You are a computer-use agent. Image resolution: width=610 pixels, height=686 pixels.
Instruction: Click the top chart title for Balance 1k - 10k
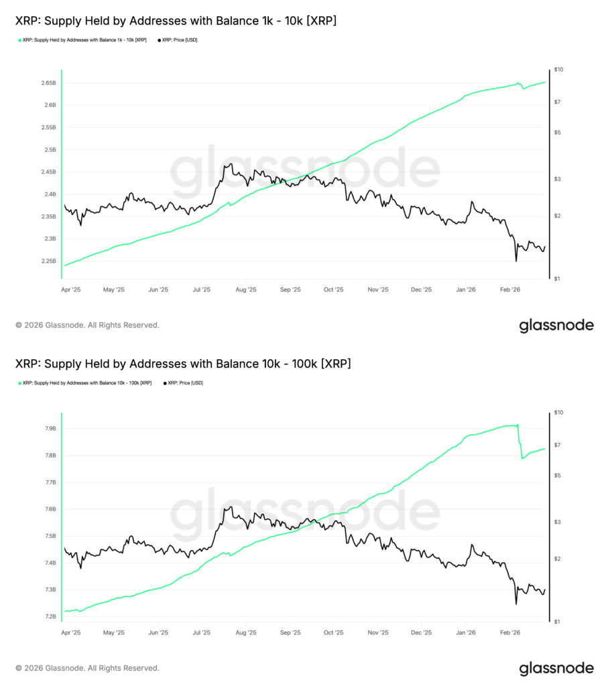coord(176,21)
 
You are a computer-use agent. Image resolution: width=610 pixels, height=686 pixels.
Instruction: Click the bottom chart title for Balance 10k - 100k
coord(182,364)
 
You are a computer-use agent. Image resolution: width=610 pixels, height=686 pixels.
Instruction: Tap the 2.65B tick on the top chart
coord(47,83)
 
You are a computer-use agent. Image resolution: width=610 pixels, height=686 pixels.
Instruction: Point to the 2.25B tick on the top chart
coord(47,261)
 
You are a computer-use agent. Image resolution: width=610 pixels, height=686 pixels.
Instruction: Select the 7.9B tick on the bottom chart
coord(50,429)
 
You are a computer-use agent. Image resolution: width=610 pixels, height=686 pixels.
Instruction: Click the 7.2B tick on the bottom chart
coord(50,616)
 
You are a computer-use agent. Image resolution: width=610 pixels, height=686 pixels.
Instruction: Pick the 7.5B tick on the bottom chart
coord(50,536)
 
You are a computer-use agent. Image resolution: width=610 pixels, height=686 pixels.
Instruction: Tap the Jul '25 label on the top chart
coord(201,290)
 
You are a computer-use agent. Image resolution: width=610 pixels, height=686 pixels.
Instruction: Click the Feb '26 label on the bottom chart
coord(510,632)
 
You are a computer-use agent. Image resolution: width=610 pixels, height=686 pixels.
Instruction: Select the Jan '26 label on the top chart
coord(466,290)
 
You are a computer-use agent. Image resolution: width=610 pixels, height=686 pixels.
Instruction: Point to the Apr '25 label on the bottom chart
coord(70,632)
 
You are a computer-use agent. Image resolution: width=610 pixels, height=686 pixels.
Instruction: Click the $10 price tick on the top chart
coord(558,70)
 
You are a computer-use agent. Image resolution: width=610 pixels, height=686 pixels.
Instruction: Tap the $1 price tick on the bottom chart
coord(557,622)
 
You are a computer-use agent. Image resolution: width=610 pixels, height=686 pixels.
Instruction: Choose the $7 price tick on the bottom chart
coord(557,445)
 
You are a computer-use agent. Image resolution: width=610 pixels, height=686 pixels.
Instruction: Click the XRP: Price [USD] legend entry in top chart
coord(178,40)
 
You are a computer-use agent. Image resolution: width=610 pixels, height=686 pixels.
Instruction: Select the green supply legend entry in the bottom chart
coord(86,383)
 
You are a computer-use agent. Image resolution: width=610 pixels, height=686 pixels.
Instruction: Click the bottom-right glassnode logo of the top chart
coord(556,326)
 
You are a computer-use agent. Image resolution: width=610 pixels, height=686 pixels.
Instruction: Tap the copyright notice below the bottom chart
coord(87,668)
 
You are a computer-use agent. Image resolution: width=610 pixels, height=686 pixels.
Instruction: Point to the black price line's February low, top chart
coord(516,261)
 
